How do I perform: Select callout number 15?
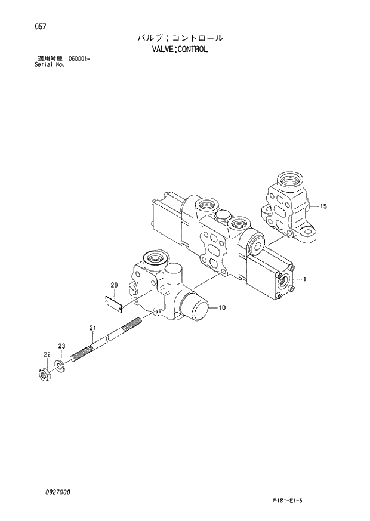click(x=323, y=206)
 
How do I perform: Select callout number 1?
click(x=304, y=279)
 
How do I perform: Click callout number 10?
click(x=221, y=308)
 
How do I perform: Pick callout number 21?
click(x=92, y=328)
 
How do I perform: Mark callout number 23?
click(x=61, y=346)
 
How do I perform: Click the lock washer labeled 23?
click(x=60, y=365)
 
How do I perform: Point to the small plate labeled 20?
click(x=114, y=303)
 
